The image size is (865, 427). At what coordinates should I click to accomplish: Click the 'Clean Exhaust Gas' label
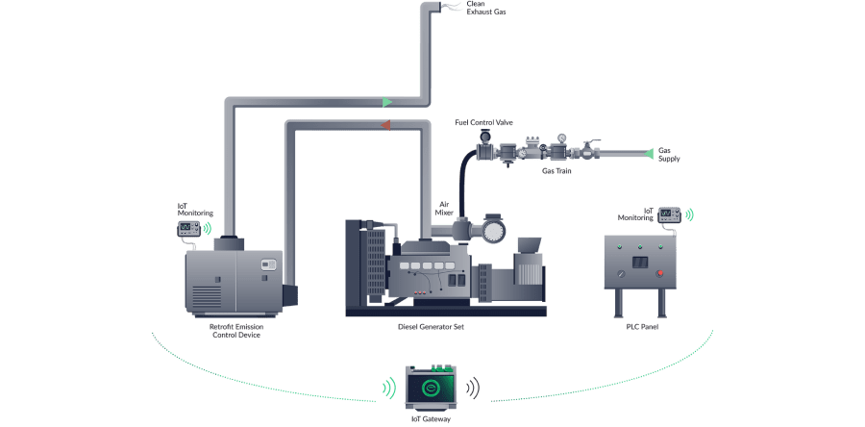(485, 8)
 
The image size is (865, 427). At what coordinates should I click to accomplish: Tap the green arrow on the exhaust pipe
(386, 101)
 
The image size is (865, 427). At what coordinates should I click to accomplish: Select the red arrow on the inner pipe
(383, 125)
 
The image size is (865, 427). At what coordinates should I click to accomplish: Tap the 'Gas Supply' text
(669, 154)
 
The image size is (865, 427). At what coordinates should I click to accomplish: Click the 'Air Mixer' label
(445, 208)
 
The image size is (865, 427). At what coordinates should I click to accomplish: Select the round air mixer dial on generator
(493, 232)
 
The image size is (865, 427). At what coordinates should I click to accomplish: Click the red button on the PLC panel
(659, 273)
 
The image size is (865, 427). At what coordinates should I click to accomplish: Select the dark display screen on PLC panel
(639, 261)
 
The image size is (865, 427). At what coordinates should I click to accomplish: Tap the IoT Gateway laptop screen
(432, 389)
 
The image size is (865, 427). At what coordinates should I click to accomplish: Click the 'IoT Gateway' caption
(432, 419)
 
